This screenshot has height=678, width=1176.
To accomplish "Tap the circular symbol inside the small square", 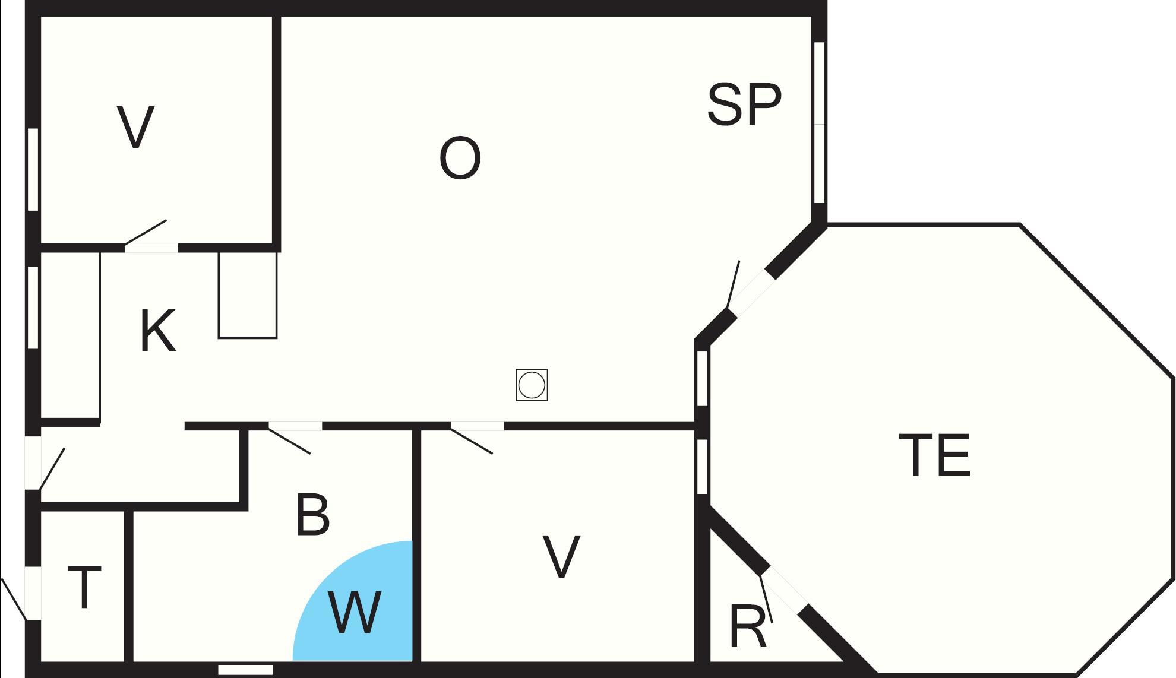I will [x=532, y=385].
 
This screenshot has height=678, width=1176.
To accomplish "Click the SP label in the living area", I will [x=744, y=105].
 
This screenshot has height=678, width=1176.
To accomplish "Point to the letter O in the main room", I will [x=460, y=159].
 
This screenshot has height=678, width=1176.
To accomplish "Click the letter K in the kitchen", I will [x=158, y=331].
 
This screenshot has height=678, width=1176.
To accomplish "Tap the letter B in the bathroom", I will [x=312, y=515].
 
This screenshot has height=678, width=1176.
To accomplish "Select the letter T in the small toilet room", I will [x=84, y=588].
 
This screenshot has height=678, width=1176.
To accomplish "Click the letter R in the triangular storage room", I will [x=748, y=627].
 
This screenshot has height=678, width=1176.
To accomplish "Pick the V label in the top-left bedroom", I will [x=136, y=127].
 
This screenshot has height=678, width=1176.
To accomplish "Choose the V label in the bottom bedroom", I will [x=561, y=556].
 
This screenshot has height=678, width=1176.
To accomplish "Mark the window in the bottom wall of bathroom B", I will [x=245, y=670].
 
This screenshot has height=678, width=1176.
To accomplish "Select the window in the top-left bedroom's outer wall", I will [x=33, y=169].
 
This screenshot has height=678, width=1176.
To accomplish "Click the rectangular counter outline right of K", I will [x=248, y=295].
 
